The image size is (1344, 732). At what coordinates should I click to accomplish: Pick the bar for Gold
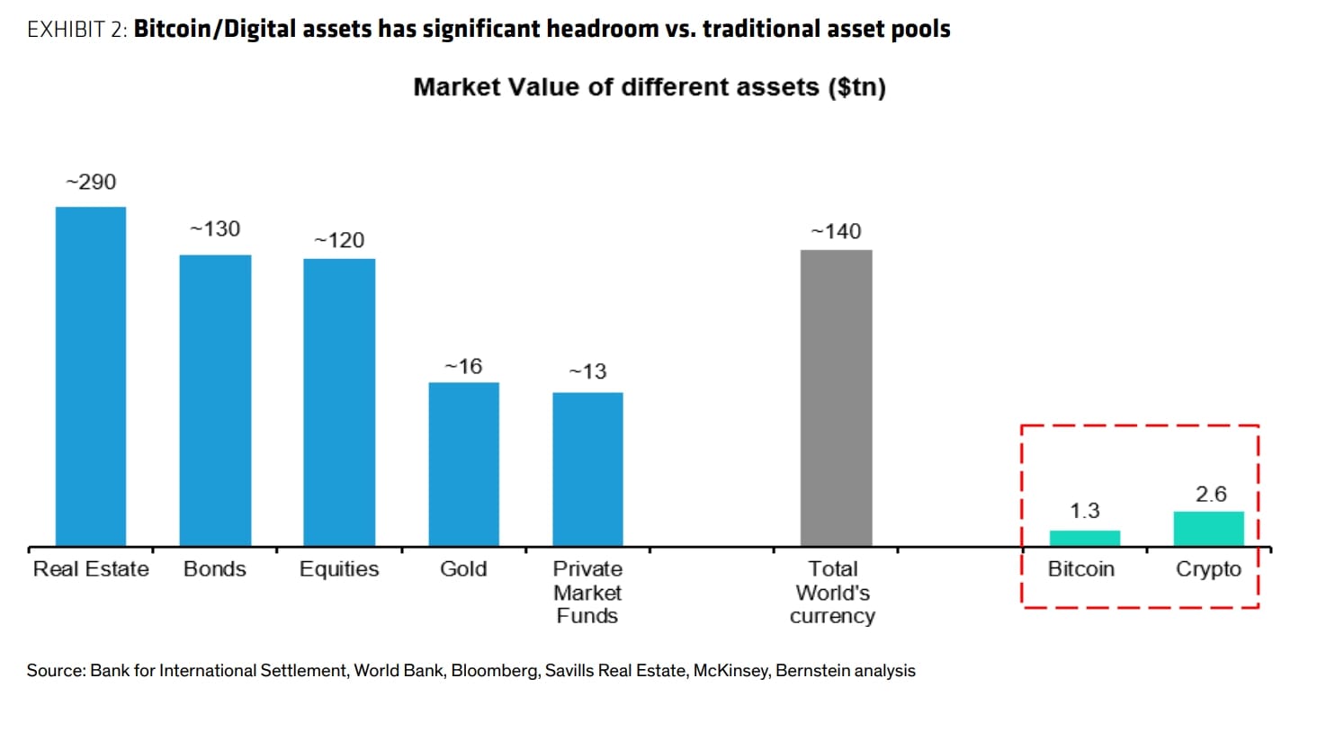[x=463, y=464]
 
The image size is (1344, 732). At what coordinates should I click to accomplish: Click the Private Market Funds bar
[x=587, y=469]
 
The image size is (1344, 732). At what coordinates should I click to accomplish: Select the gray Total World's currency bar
[x=836, y=397]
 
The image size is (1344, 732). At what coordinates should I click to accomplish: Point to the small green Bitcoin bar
[x=1084, y=538]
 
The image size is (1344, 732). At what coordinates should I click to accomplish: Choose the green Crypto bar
[x=1208, y=529]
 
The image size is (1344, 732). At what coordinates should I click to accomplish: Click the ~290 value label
[x=91, y=183]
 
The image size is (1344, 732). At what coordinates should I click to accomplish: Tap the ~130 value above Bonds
[x=215, y=229]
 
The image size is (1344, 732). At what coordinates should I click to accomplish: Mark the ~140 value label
[x=836, y=232]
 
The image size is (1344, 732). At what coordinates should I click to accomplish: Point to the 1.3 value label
[x=1084, y=511]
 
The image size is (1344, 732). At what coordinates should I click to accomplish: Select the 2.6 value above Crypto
[x=1211, y=495]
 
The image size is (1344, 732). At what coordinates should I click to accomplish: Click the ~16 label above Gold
[x=463, y=367]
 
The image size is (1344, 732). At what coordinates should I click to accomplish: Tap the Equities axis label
[x=339, y=569]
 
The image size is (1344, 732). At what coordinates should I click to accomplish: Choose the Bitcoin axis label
[x=1081, y=569]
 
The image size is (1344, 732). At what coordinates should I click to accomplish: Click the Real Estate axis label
[x=91, y=569]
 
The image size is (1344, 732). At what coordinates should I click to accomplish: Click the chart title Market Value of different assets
[x=649, y=87]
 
